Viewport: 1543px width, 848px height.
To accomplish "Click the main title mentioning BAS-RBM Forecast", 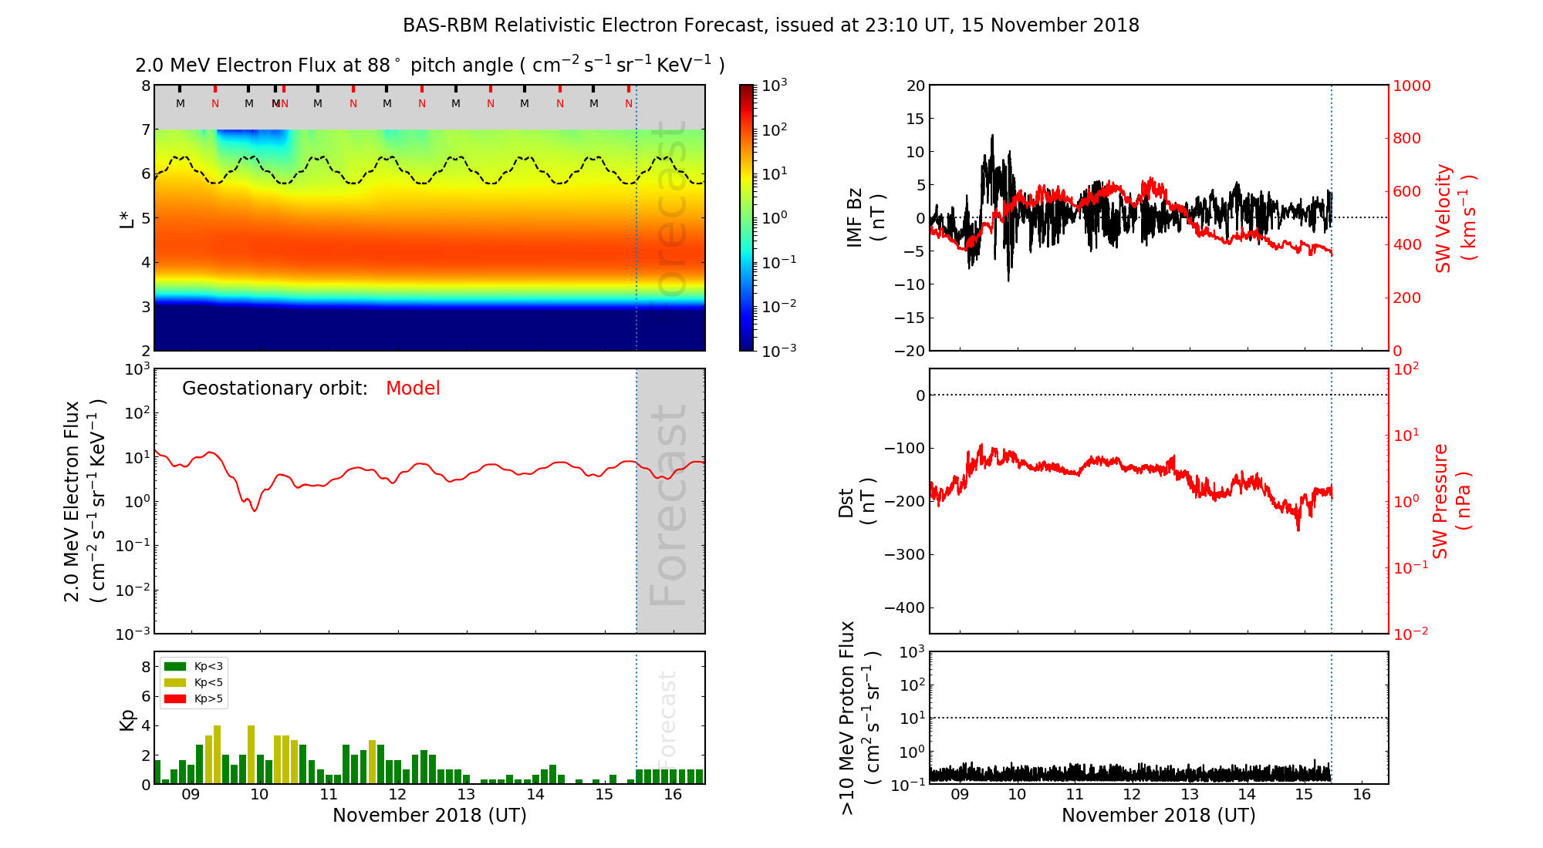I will (771, 25).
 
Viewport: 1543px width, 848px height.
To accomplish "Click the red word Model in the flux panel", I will (413, 389).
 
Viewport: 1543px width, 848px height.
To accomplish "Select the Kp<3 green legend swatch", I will (175, 666).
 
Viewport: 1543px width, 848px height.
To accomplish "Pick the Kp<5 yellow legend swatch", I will (175, 682).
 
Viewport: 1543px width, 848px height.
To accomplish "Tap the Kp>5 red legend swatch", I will (175, 699).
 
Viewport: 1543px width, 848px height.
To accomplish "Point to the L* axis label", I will (127, 218).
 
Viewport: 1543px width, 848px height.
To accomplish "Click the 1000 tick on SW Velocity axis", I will (1411, 86).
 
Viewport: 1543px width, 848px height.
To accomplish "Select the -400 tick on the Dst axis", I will (904, 607).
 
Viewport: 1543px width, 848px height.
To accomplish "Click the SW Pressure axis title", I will (1451, 501).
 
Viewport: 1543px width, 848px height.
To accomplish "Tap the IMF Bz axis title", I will (866, 218).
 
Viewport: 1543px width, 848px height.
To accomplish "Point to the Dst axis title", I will (856, 501).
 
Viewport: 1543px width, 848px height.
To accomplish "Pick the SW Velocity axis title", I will (1455, 218).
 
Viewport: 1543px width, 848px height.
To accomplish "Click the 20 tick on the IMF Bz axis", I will (915, 86).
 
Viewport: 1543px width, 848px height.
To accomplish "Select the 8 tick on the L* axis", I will (146, 86).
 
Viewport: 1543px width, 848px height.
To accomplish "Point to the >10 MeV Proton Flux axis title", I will (859, 718).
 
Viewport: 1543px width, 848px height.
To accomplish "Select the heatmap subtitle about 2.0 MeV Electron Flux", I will (430, 66).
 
